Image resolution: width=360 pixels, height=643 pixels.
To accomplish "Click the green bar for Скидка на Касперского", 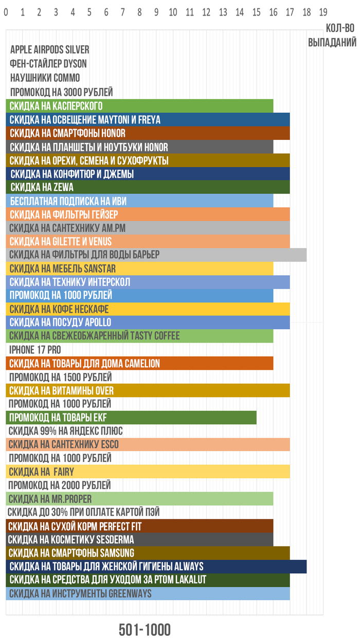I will [x=139, y=106].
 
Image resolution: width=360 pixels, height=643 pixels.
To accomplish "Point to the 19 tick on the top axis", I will [x=323, y=11].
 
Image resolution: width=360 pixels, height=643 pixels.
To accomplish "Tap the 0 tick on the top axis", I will [x=6, y=11].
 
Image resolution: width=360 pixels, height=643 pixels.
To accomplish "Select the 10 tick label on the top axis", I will [x=173, y=11].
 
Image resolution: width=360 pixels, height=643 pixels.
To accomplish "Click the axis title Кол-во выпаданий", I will [x=332, y=35].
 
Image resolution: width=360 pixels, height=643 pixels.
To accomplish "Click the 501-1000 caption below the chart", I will [x=145, y=630].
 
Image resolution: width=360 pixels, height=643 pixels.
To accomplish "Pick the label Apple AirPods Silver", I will [x=50, y=50].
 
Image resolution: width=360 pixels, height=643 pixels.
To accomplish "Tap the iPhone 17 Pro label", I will [x=35, y=350].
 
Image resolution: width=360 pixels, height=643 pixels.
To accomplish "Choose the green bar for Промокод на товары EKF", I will [x=131, y=417].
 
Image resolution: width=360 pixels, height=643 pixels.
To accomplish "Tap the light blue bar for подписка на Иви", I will [x=139, y=201].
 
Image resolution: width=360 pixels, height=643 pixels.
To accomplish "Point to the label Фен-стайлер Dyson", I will [x=48, y=64].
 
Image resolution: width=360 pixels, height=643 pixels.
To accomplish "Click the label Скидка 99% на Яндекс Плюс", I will [x=66, y=431].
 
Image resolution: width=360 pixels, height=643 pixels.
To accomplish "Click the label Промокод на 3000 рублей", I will [x=61, y=93].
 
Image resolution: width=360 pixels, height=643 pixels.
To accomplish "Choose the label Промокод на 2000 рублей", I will [x=60, y=485].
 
